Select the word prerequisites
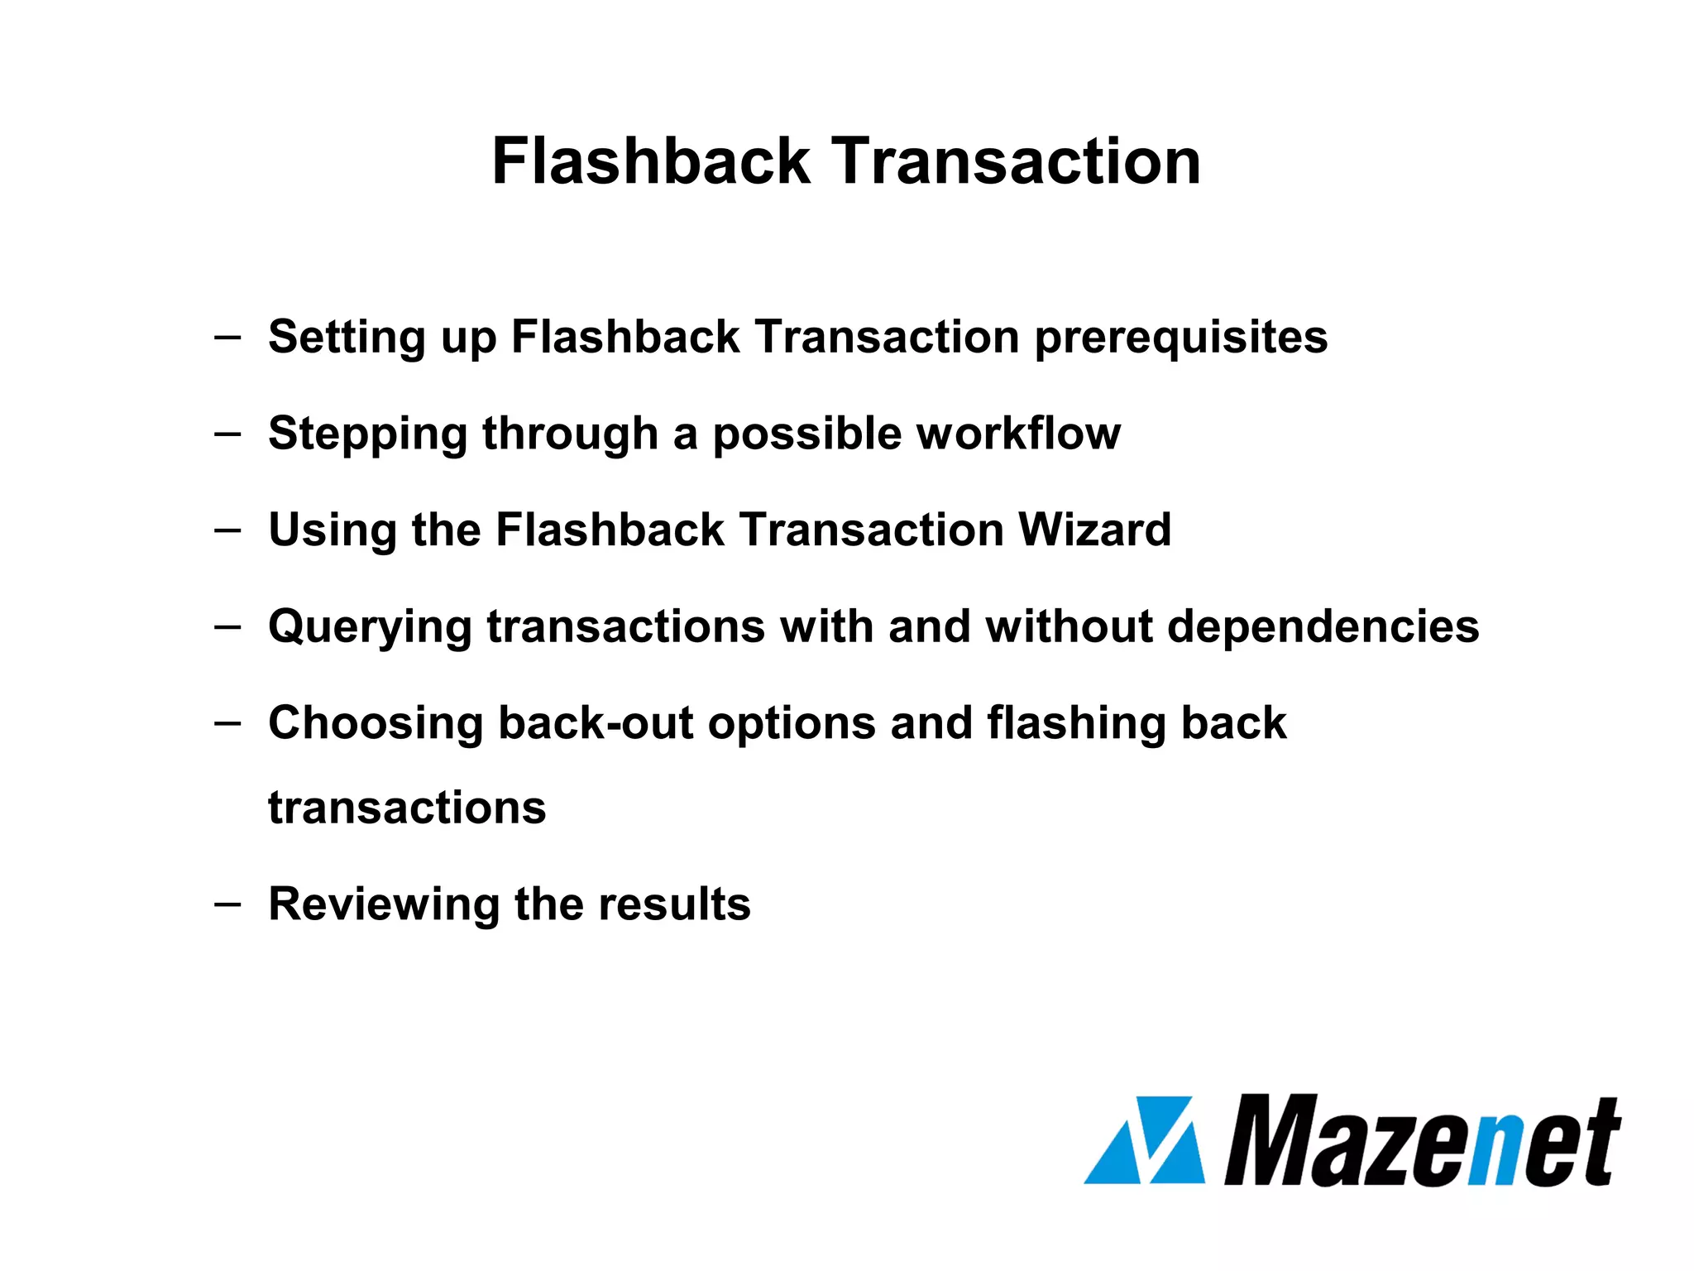1180,338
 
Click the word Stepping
367,434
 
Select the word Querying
370,627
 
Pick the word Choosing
375,724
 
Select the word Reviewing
383,904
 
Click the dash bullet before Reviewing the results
227,903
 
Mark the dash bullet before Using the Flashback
227,529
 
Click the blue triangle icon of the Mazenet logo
1145,1140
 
